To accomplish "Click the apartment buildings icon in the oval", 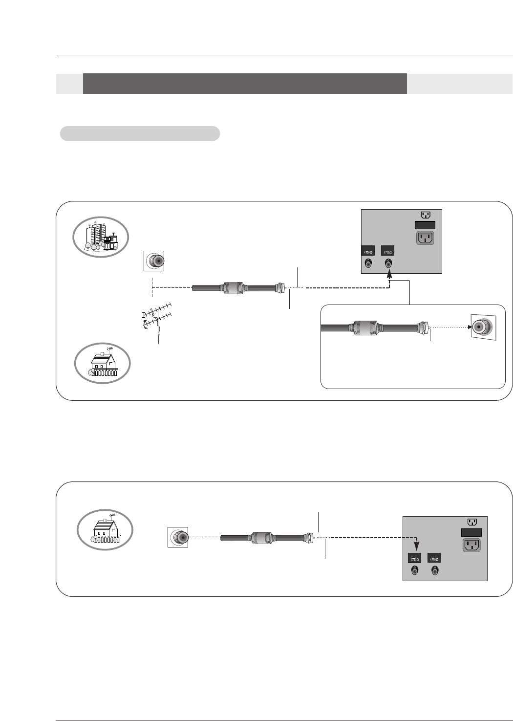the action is point(101,237).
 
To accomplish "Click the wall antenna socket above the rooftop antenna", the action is point(154,261).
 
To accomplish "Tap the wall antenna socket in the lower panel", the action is point(178,537).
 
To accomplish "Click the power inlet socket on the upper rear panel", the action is point(425,238).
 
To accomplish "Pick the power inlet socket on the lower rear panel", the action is point(471,544).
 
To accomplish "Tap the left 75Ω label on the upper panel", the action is point(367,251).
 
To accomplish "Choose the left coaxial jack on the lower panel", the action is point(415,570).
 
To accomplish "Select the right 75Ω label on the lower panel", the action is point(434,559).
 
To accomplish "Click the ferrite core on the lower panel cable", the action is point(260,537).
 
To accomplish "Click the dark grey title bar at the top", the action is point(245,84).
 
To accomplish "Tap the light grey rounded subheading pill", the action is point(140,133).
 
